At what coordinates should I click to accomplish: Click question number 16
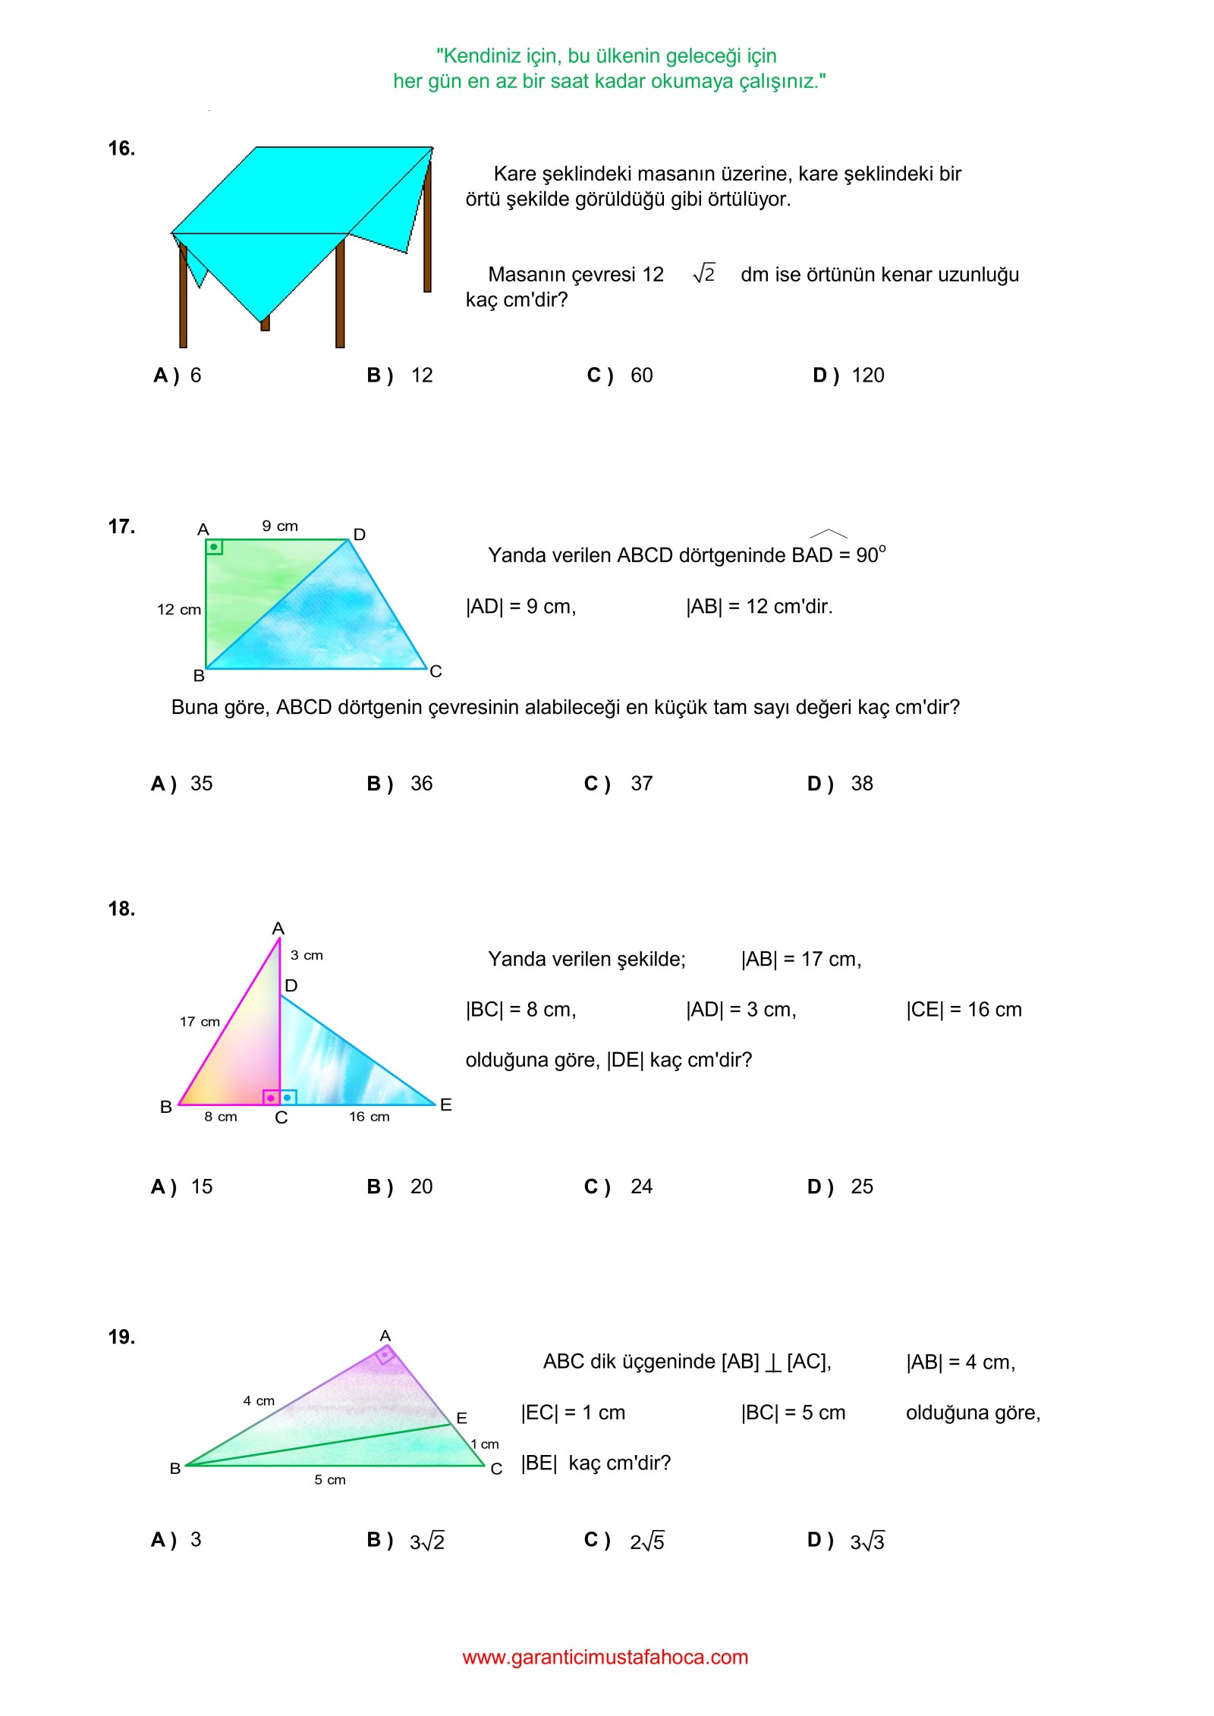121,149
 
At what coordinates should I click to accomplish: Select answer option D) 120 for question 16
848,376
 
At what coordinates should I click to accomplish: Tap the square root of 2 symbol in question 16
704,274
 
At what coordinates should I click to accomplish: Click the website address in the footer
605,1657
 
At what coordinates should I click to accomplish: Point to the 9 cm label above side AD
280,526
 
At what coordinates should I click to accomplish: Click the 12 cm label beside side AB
179,609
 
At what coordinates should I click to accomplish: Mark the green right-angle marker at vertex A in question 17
214,547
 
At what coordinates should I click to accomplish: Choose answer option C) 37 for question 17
618,784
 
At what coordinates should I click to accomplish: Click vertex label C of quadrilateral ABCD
436,671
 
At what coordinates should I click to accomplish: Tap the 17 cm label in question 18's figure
200,1022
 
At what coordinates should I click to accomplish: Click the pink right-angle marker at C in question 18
271,1098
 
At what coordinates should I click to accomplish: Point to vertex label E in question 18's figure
446,1105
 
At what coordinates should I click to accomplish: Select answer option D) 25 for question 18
840,1186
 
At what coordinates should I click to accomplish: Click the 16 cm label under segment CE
369,1117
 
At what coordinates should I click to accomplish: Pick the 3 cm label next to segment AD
307,955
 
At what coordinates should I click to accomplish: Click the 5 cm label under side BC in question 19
330,1480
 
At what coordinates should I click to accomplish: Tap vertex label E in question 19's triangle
461,1418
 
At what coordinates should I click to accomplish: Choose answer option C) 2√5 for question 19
624,1541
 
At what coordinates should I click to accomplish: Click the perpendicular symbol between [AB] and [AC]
772,1363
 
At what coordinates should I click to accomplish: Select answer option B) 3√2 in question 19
406,1541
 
